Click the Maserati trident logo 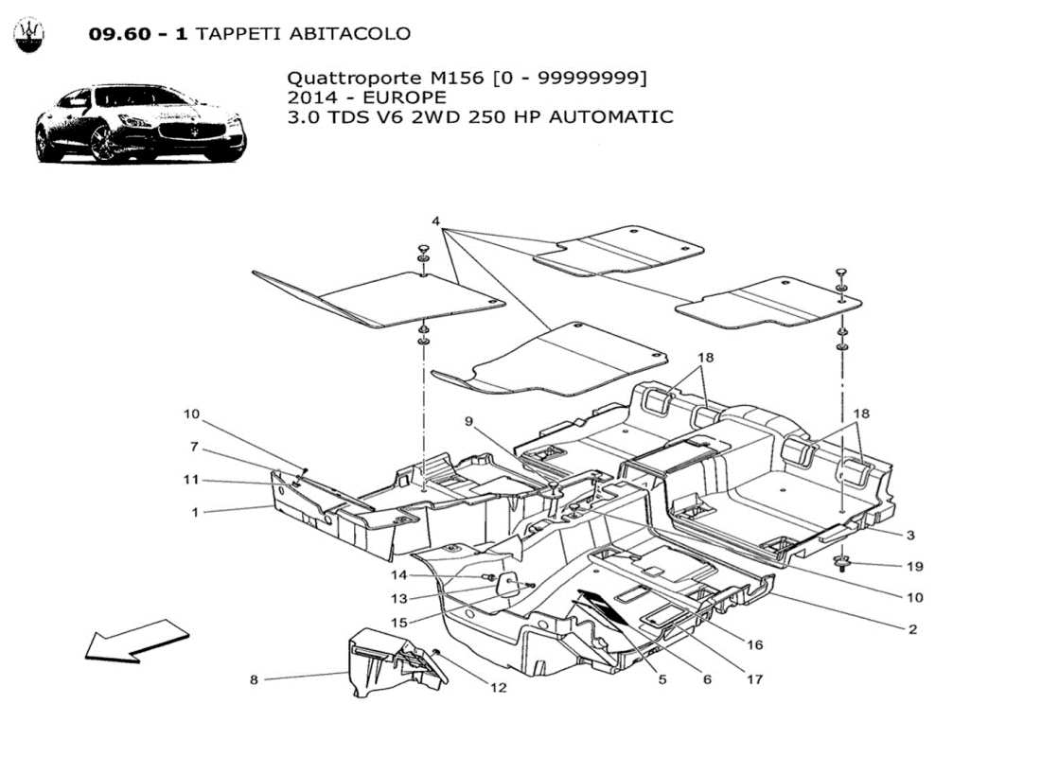point(28,35)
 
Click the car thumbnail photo point(140,124)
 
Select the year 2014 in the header point(312,97)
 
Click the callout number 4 point(435,221)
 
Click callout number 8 point(255,678)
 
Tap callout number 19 point(913,566)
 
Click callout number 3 point(909,535)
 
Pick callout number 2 point(912,628)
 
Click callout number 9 point(468,421)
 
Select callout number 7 point(194,446)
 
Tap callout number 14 point(399,575)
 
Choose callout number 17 point(754,678)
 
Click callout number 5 point(662,678)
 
